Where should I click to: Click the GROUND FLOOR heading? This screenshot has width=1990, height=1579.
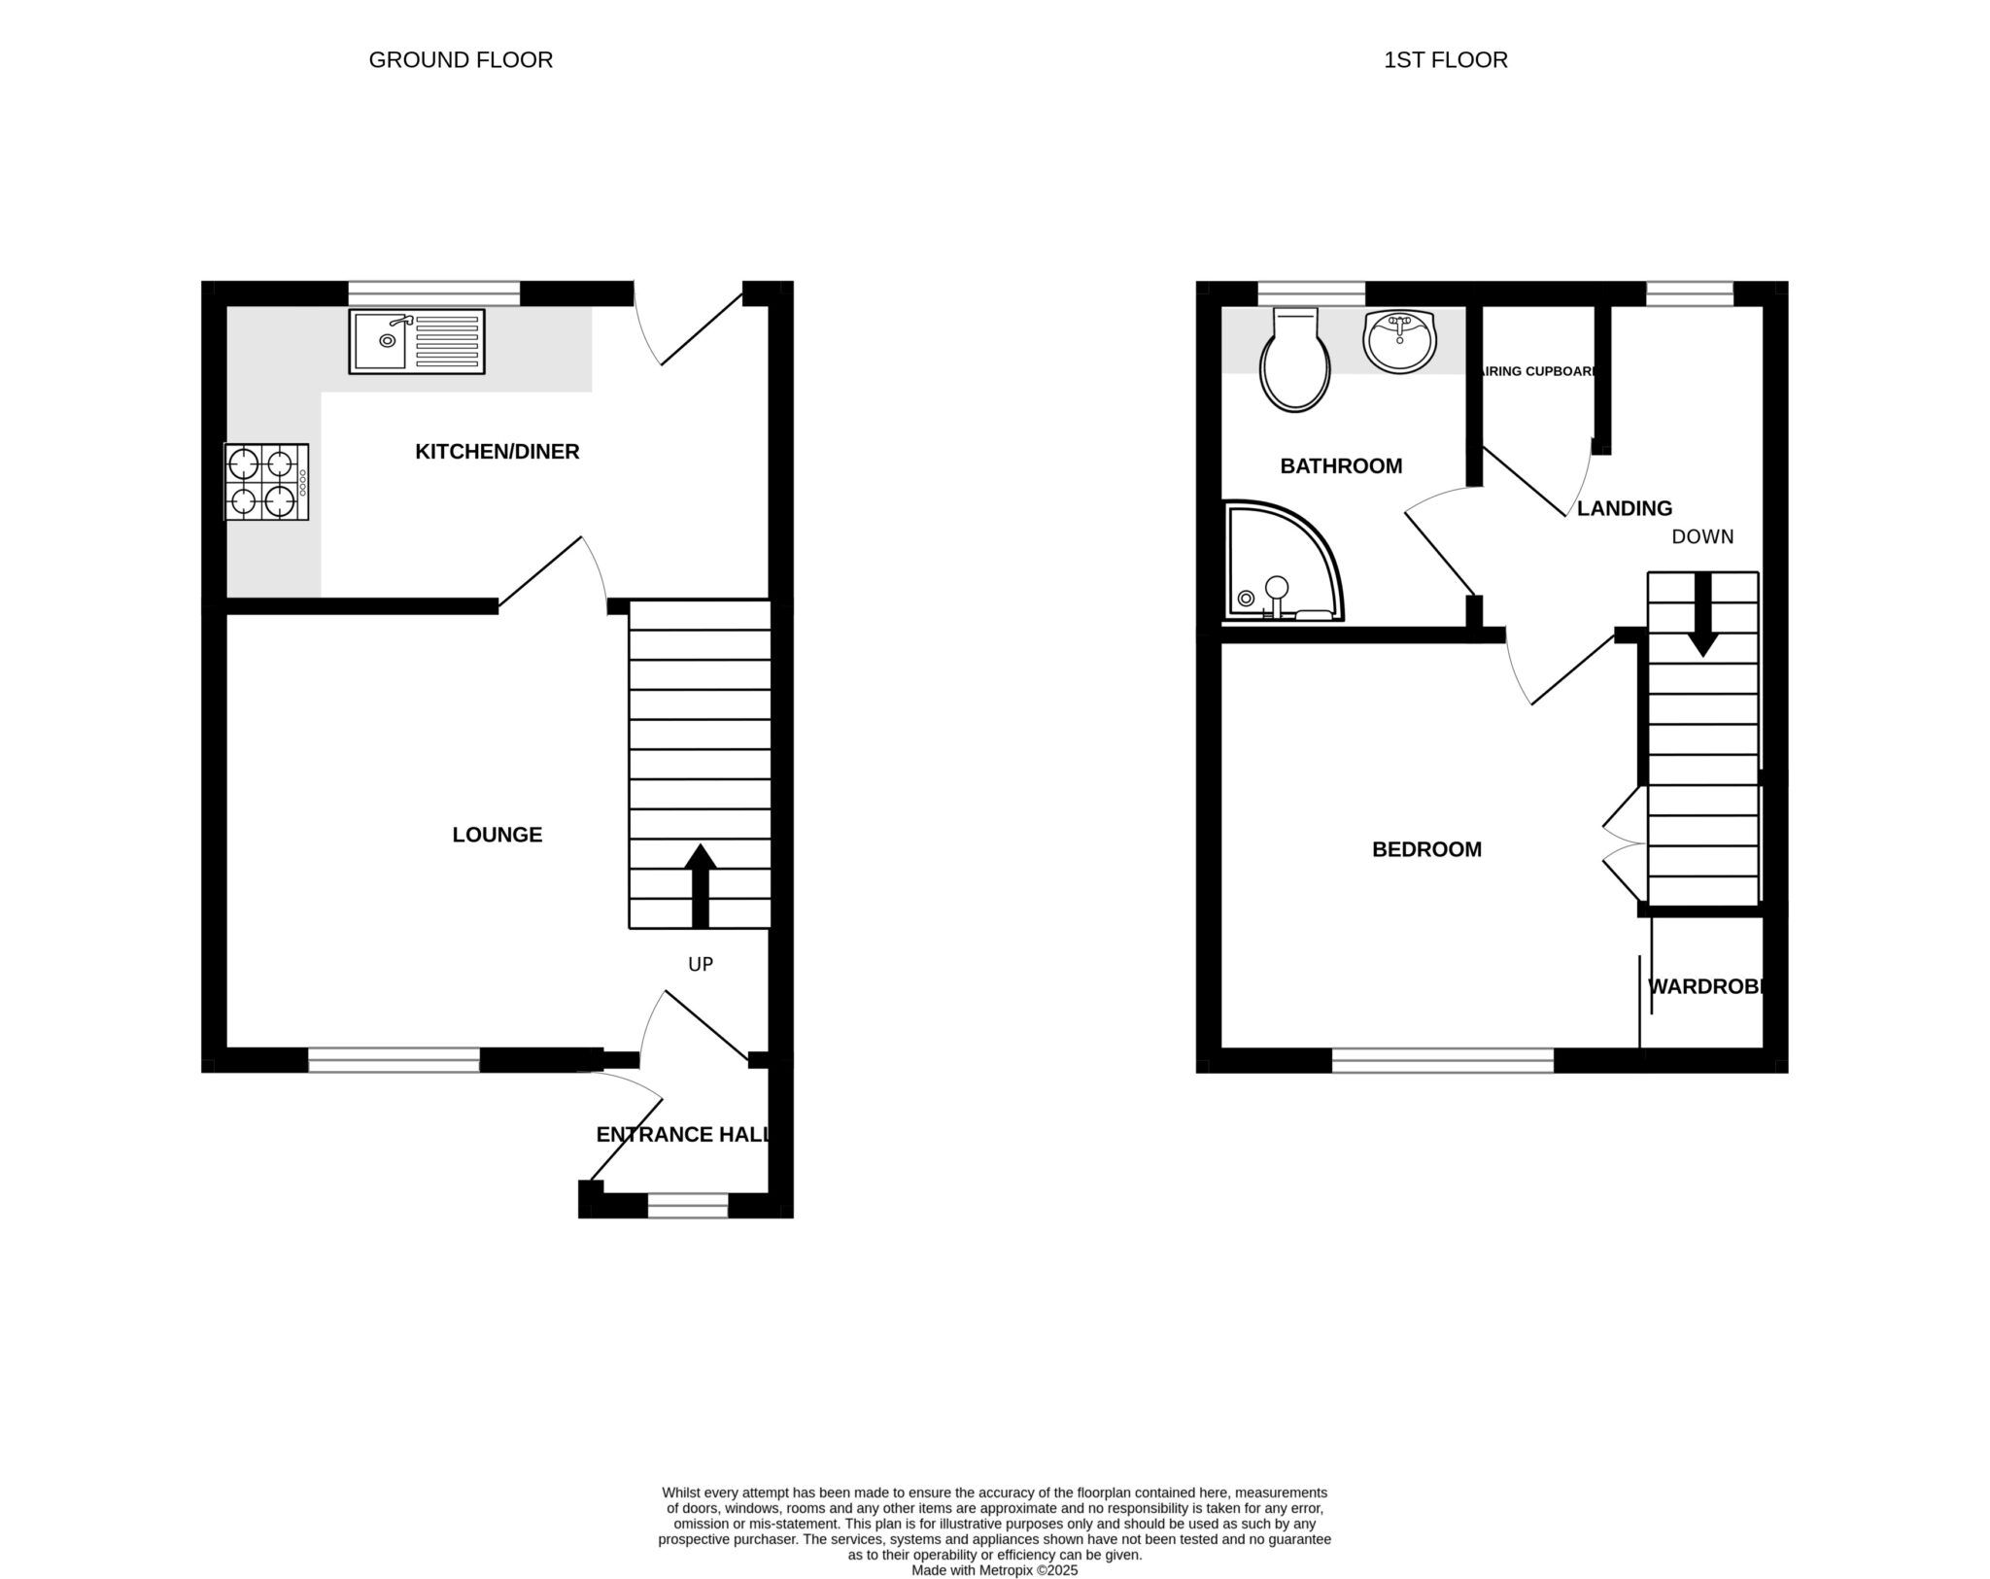[461, 60]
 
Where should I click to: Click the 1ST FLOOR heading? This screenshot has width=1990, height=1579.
[1445, 60]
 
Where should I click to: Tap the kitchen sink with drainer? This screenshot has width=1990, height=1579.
[417, 341]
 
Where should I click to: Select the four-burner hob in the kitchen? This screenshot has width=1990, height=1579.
[266, 482]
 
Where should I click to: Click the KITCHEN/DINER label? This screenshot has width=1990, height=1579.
[497, 452]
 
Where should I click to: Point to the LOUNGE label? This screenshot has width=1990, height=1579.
[497, 835]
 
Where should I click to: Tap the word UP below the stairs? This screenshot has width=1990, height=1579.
[701, 964]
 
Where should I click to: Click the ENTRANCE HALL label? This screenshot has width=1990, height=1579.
[683, 1135]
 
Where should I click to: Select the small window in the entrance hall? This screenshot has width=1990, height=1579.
[687, 1206]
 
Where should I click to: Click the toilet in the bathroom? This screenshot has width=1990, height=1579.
[1294, 361]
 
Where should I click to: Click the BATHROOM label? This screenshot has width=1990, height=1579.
[1341, 466]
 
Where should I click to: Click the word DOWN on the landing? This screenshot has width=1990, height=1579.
[1702, 537]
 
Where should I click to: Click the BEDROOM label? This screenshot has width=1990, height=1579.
[1426, 850]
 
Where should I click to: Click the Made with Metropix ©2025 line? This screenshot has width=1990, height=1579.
[994, 1570]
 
